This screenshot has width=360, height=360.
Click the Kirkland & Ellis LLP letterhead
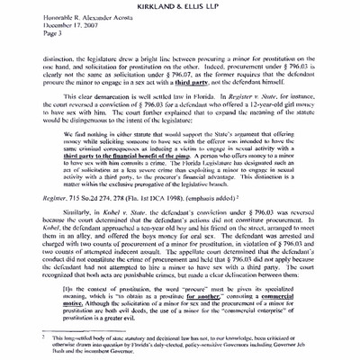(x=180, y=8)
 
